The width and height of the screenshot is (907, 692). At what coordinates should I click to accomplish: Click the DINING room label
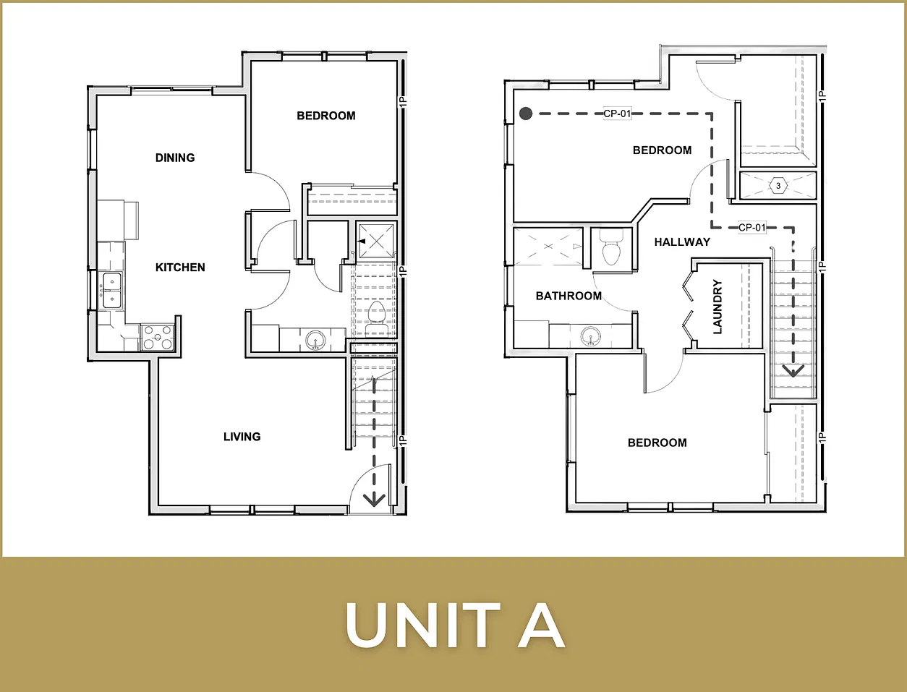tap(175, 158)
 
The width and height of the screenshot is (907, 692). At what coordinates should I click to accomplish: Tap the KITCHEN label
tap(180, 268)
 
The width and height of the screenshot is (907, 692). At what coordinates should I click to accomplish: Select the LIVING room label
tap(242, 437)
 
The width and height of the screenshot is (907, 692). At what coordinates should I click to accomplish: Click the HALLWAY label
tap(682, 242)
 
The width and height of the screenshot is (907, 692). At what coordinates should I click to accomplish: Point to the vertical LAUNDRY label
tap(717, 307)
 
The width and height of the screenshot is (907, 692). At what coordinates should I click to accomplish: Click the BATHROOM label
tap(569, 296)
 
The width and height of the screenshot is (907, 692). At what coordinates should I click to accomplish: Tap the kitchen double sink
tap(112, 290)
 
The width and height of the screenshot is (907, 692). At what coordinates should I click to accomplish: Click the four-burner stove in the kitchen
tap(158, 337)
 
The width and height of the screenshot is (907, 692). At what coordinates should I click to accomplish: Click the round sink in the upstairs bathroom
tap(591, 336)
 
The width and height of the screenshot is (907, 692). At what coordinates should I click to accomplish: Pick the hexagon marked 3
tap(778, 186)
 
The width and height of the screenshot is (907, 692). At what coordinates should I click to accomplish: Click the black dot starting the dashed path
tap(526, 114)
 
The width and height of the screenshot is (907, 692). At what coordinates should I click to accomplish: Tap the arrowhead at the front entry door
tap(374, 500)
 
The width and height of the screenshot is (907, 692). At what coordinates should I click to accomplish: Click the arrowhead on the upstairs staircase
tap(793, 370)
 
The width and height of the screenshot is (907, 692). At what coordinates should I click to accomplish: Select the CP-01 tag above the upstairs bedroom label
tap(618, 114)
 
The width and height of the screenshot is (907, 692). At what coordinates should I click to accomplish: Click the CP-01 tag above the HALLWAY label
tap(752, 227)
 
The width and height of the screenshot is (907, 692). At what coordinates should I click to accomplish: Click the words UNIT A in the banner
tap(455, 625)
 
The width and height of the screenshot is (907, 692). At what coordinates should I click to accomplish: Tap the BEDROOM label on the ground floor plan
tap(326, 116)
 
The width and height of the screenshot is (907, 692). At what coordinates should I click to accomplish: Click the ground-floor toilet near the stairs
tap(376, 317)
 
